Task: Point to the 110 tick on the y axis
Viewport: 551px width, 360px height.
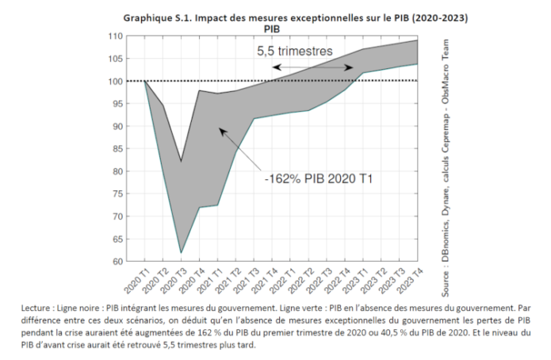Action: coord(117,36)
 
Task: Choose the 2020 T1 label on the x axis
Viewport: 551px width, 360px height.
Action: coord(136,278)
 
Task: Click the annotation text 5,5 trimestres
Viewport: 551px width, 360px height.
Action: coord(294,51)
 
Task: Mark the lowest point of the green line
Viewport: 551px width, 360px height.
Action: coord(181,253)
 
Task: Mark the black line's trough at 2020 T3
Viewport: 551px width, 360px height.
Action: coord(181,162)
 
